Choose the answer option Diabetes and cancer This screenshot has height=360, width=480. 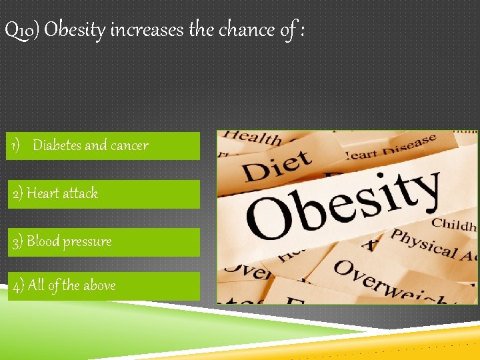pos(103,145)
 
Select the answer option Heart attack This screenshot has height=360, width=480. pos(103,193)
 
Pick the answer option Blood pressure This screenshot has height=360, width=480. pos(103,241)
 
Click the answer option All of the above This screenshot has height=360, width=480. pos(103,285)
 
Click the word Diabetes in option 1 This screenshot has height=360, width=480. pos(57,145)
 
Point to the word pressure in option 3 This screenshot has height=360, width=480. pos(87,242)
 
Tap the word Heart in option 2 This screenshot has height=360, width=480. pos(43,193)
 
